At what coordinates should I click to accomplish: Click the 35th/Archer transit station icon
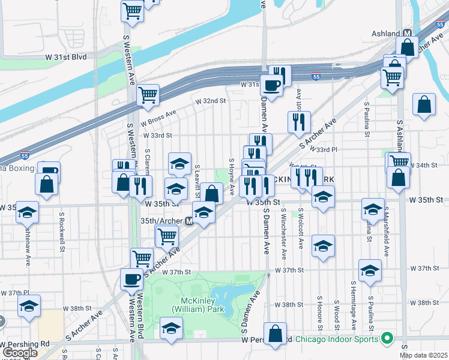(188, 221)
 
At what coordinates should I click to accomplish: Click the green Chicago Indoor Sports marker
(387, 339)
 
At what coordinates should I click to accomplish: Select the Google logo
(19, 353)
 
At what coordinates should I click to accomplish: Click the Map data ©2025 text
(423, 355)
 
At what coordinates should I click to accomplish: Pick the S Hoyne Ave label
(232, 176)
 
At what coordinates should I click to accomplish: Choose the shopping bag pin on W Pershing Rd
(275, 334)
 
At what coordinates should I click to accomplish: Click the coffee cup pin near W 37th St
(131, 278)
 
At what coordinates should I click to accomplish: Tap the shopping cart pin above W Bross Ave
(147, 94)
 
